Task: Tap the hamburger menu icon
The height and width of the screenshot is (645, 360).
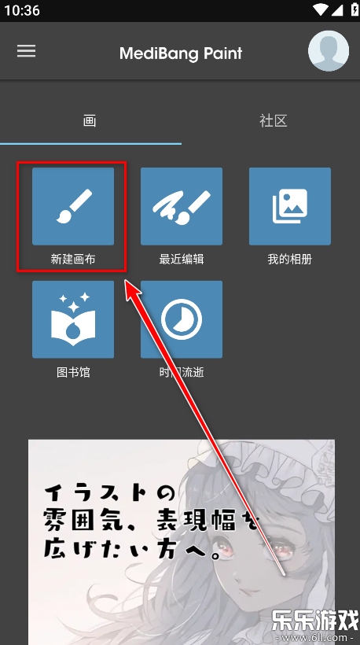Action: (27, 50)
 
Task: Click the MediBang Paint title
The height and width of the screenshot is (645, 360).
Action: (181, 53)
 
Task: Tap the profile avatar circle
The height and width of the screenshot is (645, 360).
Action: (328, 51)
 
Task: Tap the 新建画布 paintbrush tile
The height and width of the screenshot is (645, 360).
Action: (73, 206)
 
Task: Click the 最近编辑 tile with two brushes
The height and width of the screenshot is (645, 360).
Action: (182, 206)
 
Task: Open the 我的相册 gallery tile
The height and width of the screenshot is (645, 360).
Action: (290, 206)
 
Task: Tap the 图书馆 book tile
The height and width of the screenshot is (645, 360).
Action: (73, 319)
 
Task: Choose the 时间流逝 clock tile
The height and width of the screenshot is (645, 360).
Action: (182, 319)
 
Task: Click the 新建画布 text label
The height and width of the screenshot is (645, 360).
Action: (73, 259)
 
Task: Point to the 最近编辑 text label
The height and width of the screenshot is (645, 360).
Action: (182, 259)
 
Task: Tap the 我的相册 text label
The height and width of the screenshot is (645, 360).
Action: (290, 259)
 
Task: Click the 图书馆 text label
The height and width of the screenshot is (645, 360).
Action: (73, 372)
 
